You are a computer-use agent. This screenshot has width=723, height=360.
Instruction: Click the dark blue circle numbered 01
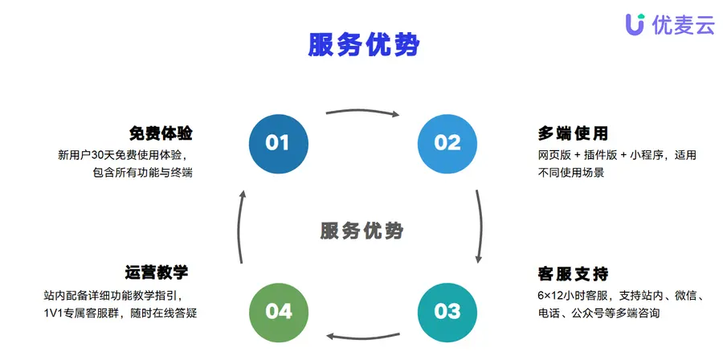[279, 144]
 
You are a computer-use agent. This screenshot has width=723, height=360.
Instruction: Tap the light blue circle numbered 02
[447, 144]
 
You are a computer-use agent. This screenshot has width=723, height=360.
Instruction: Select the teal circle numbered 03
[447, 312]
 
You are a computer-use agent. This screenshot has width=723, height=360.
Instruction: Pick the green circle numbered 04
[279, 312]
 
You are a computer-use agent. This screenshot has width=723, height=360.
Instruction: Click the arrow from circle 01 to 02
[363, 110]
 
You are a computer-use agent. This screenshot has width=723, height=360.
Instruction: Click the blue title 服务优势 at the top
[364, 45]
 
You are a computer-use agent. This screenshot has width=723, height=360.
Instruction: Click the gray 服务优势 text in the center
[362, 231]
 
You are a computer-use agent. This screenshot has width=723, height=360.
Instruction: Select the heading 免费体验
[161, 133]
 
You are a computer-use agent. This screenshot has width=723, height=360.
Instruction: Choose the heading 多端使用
[573, 133]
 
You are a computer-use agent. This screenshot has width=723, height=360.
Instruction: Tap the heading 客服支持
[573, 274]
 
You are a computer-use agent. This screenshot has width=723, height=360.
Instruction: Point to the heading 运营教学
[157, 272]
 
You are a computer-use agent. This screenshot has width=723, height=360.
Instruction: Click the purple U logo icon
[635, 24]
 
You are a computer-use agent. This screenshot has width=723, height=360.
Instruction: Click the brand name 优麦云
[684, 24]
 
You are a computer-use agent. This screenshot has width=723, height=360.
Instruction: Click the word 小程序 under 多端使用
[647, 155]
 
